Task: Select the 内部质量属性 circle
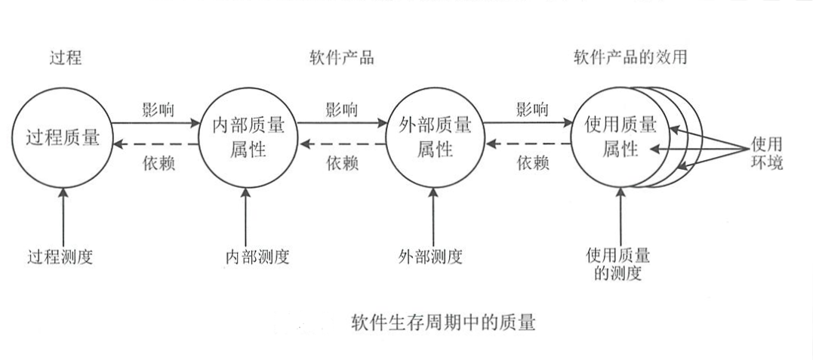coord(246,137)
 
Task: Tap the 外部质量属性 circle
coord(433,137)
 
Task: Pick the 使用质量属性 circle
coord(619,137)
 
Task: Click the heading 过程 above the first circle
coord(63,58)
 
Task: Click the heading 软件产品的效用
coord(630,58)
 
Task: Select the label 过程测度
coord(63,257)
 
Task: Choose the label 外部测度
coord(432,257)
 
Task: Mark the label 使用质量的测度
coord(619,264)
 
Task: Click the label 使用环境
coord(767,152)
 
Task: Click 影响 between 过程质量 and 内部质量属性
coord(157,108)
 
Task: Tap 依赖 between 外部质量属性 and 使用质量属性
coord(531,163)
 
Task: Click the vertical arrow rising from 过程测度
coord(63,215)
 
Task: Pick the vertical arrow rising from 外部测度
coord(433,215)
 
